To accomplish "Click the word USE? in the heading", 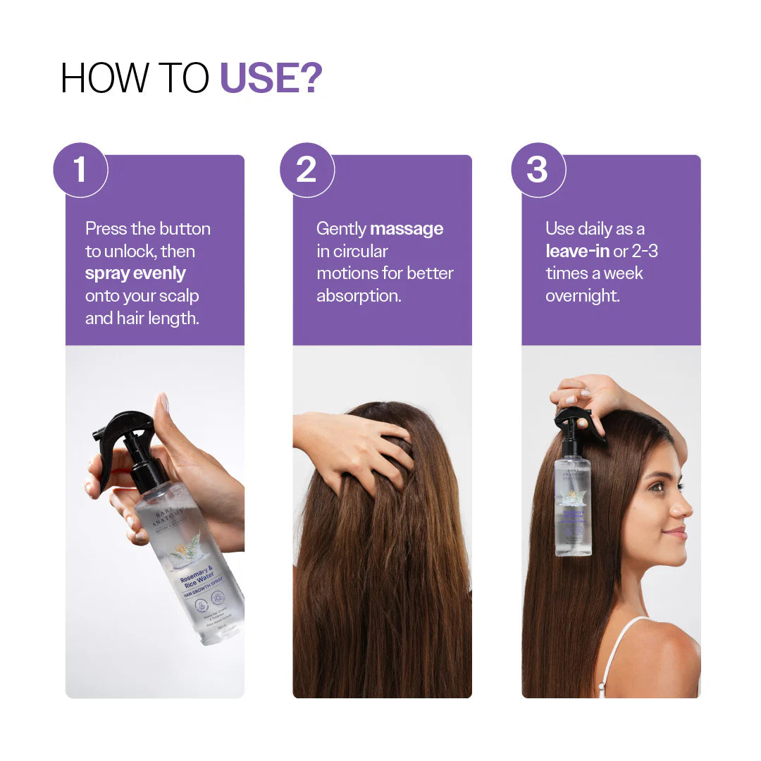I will (271, 78).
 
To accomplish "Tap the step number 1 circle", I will (80, 170).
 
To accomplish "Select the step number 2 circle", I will (307, 170).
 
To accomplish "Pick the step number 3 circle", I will (538, 170).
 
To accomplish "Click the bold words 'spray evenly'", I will (135, 273).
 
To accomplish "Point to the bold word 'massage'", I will (407, 229).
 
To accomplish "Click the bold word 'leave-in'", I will (577, 252).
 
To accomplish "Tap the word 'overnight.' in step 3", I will (582, 296).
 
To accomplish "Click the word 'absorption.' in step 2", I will (359, 296).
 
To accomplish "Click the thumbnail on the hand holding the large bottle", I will (163, 403).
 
